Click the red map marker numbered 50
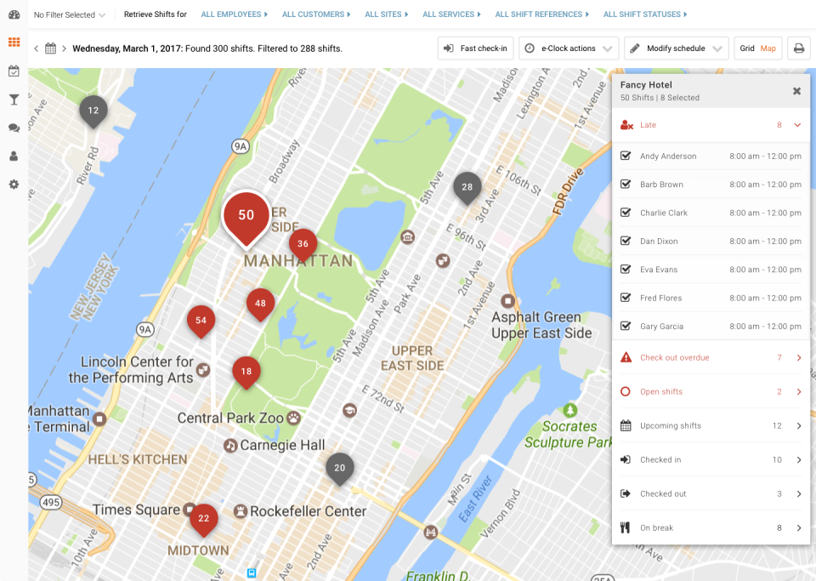pos(246,216)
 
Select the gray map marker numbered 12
pos(93,111)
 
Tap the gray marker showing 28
pos(467,187)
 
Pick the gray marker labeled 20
pos(340,468)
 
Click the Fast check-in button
pos(475,48)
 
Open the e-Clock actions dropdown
pos(568,48)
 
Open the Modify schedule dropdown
pos(676,48)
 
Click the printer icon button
pos(798,48)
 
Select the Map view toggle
pos(768,48)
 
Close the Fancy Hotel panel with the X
pos(796,91)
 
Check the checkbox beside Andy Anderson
pos(626,157)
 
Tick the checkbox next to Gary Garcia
pos(626,327)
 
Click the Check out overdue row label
pos(674,358)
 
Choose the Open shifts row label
pos(660,392)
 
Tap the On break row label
pos(656,528)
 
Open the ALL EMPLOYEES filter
pos(234,14)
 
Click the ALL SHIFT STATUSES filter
pos(645,14)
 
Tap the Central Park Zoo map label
pos(231,419)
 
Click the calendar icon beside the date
pos(51,48)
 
